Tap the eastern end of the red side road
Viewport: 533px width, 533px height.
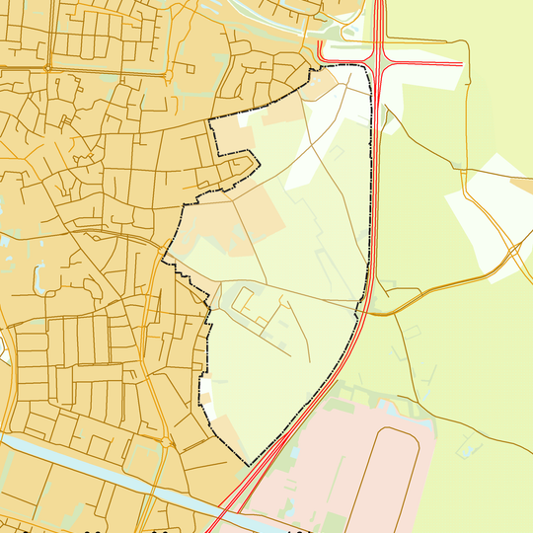461,65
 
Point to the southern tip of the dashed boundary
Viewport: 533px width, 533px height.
246,465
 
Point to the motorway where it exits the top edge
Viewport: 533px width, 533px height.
378,4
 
